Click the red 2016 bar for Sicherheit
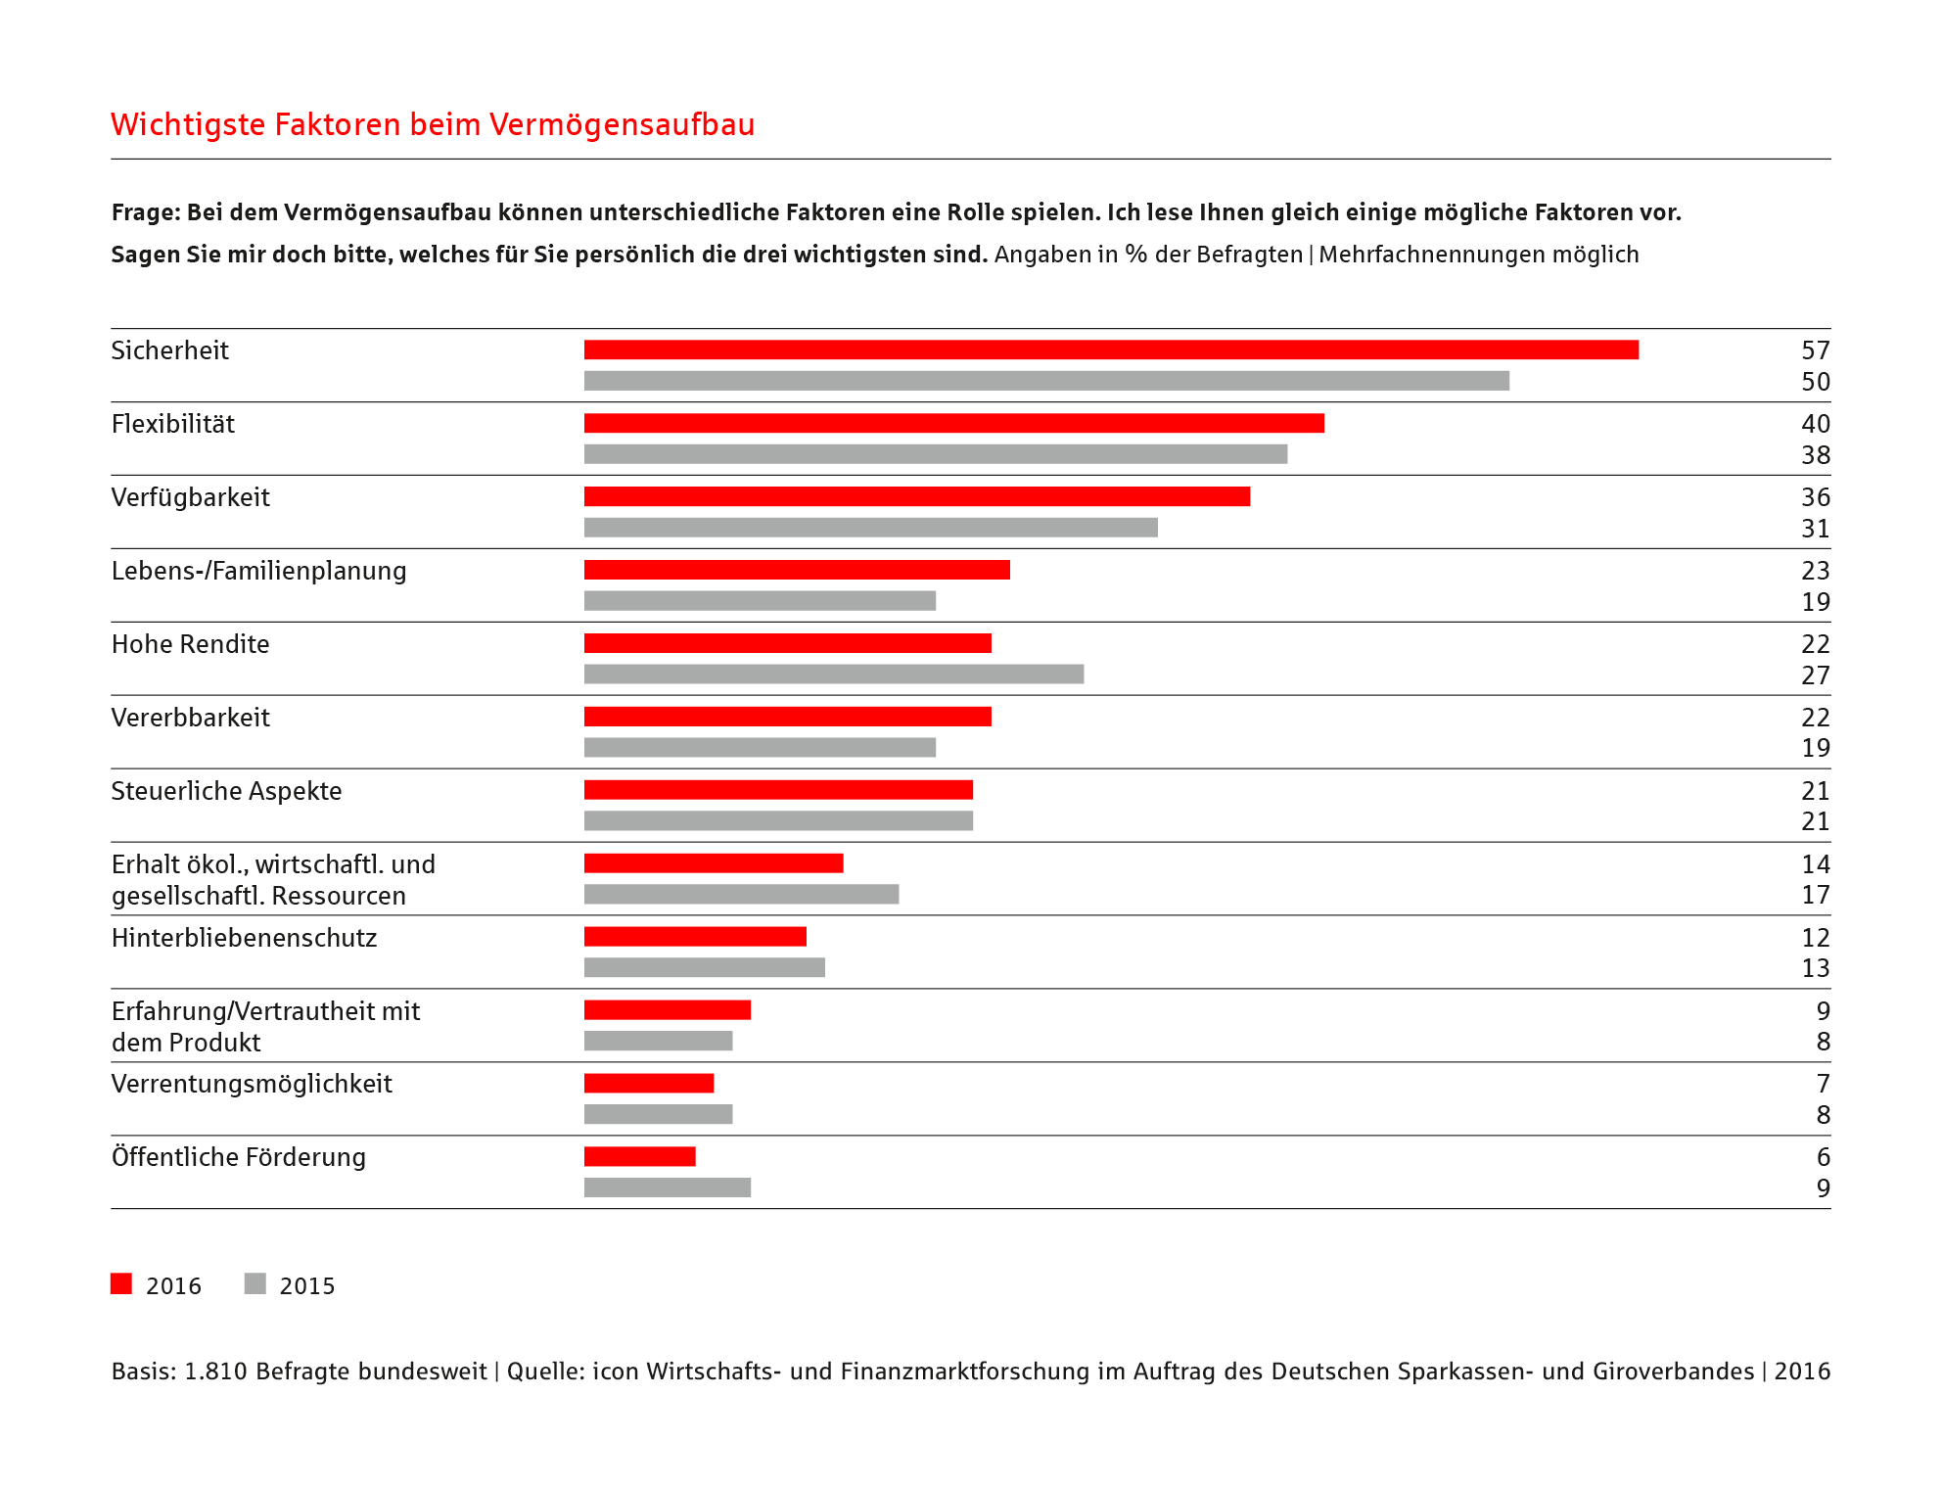point(1111,349)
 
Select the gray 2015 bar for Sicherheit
point(1046,381)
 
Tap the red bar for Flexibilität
point(954,423)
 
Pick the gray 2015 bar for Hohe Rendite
point(834,674)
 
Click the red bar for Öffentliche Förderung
point(640,1156)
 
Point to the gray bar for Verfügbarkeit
point(871,528)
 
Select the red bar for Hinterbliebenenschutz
point(695,937)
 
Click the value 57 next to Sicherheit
point(1816,350)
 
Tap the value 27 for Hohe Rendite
point(1816,675)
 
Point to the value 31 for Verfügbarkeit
point(1816,529)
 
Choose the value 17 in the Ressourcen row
point(1816,895)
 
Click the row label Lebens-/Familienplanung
point(258,572)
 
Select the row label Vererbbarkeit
point(191,718)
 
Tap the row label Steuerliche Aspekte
point(227,791)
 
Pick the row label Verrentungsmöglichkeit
point(252,1085)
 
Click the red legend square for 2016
point(121,1283)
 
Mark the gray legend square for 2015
point(255,1283)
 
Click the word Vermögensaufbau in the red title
point(622,125)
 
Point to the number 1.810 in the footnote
point(215,1372)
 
